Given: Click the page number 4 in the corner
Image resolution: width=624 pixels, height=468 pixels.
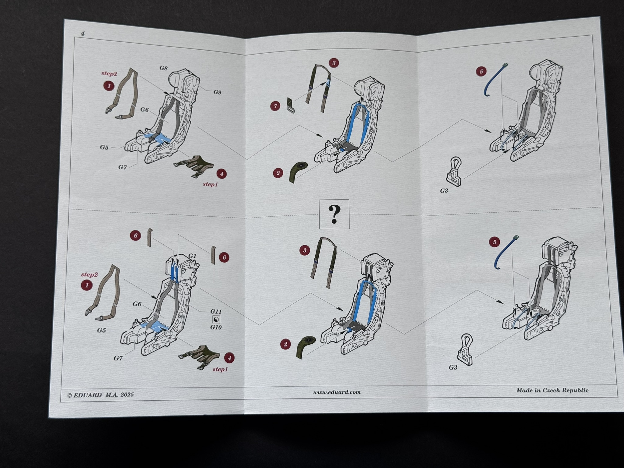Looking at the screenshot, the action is pos(83,34).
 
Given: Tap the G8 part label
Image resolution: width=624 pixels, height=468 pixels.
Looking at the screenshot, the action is pos(164,68).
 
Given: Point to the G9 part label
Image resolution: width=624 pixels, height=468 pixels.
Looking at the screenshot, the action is pos(217,92).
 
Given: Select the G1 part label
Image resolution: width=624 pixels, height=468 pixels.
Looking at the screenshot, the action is pos(192,256).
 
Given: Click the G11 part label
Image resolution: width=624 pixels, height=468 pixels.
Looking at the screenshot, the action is pos(216,312).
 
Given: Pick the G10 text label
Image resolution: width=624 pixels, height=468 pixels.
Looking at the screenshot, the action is pos(216,327).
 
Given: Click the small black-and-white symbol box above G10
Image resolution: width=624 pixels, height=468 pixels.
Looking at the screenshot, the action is pos(216,319).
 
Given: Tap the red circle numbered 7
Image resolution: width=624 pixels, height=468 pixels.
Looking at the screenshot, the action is pos(276,106).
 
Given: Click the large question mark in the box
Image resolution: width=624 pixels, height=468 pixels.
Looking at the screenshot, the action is pos(334,214).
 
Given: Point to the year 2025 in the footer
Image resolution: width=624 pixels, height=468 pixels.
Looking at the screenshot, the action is pos(127,395).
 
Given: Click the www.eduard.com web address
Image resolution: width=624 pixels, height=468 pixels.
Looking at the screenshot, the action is pos(337,392).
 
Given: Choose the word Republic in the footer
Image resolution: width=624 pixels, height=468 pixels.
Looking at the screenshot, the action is pos(575,390).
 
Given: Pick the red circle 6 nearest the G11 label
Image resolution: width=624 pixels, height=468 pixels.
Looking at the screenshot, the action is pos(224,257).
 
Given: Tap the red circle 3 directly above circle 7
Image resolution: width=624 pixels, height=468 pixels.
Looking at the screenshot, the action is pos(334,63).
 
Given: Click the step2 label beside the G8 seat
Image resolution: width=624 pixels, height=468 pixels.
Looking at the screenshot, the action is pos(109,74).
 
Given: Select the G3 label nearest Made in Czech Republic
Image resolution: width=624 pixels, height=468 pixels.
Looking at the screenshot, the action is pos(453,367).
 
